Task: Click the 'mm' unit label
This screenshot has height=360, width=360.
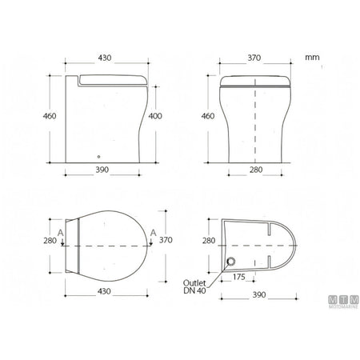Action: coord(312,58)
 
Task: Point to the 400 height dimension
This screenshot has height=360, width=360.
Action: coord(155,116)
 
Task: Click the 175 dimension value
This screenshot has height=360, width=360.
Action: coord(238,277)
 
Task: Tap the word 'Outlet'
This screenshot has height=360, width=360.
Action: coord(194,283)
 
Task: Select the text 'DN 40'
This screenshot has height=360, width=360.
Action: coord(194,290)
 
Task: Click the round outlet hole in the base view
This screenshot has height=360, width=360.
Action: coord(231,261)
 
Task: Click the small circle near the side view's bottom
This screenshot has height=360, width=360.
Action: coord(98,157)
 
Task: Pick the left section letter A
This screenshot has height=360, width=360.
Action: coord(61,233)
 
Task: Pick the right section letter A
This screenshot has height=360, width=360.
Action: coord(153,233)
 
